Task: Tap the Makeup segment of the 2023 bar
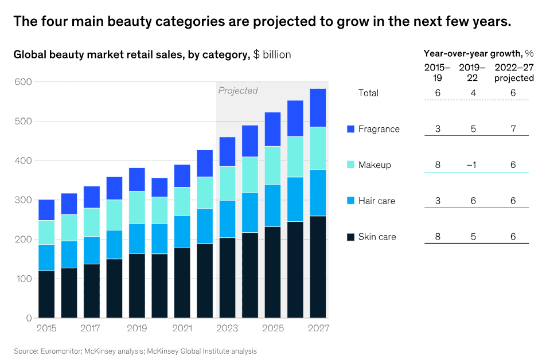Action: (227, 183)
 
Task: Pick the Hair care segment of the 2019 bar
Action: (136, 238)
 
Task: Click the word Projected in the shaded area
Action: (238, 91)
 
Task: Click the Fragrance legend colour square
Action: (351, 129)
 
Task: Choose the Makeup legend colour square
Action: (351, 165)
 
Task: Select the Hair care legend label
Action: (377, 201)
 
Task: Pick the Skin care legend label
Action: (377, 237)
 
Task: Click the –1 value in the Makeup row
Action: (473, 165)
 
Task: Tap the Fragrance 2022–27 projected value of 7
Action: (513, 129)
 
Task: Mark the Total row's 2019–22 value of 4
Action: (473, 93)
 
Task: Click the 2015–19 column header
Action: (438, 73)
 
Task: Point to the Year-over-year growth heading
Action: (472, 53)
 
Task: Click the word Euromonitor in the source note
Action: (59, 351)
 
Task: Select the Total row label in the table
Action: (368, 93)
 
